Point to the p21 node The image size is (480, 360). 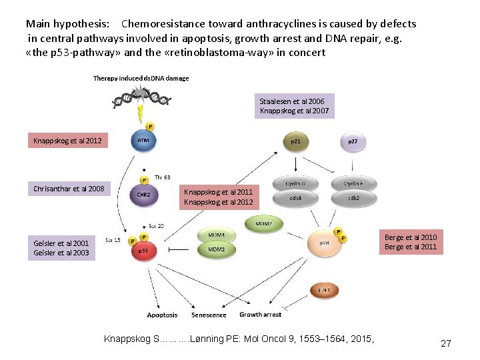point(295,141)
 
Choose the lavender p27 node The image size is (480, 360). point(352,141)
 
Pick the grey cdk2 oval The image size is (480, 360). point(353,197)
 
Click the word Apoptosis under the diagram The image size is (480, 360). point(162,315)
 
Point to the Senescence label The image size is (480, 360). point(209,315)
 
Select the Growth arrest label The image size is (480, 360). point(260,315)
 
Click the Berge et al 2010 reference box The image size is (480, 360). point(411,242)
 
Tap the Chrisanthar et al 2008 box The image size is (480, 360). point(69,189)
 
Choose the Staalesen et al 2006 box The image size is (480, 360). point(294,106)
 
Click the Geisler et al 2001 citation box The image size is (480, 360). point(61,248)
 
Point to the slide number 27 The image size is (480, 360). point(446,343)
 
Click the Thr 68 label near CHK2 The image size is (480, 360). point(162,177)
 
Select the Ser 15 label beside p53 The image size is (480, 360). point(113,239)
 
